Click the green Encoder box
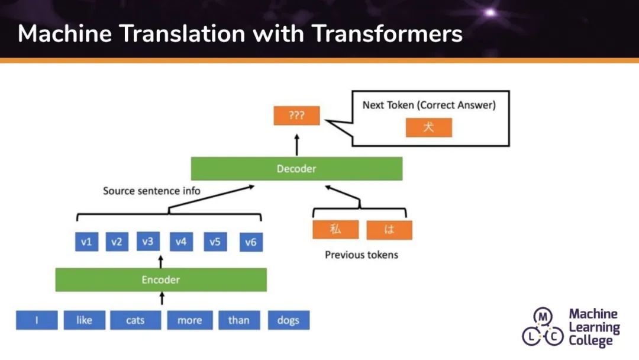(x=161, y=279)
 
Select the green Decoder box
(x=296, y=169)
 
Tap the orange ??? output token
(x=296, y=115)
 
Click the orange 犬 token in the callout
(x=428, y=127)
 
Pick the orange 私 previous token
(x=335, y=230)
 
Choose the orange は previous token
(x=389, y=230)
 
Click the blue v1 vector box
(x=86, y=242)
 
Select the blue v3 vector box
(x=147, y=242)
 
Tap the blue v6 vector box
(x=251, y=242)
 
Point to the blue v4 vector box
(x=180, y=242)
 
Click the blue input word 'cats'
(x=135, y=320)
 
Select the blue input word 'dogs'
(x=288, y=320)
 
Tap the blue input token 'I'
(x=37, y=320)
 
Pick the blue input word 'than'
(x=238, y=320)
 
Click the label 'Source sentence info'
(x=151, y=191)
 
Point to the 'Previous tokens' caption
(x=362, y=255)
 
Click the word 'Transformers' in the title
(x=387, y=34)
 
